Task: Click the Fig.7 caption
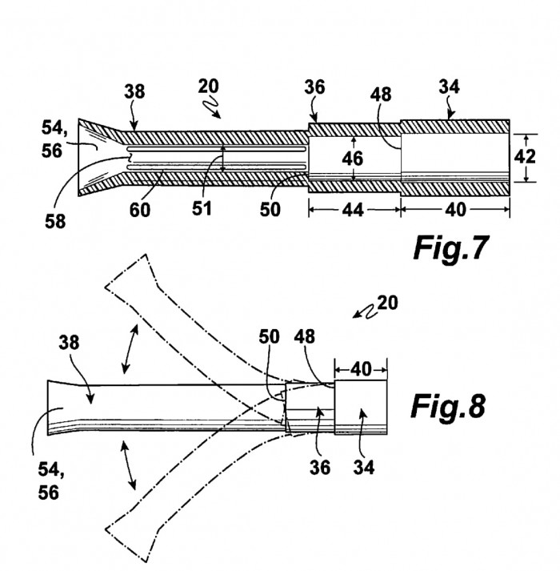pos(450,248)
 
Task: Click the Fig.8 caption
pos(448,407)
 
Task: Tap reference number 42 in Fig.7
pos(525,157)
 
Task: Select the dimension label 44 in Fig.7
pos(353,210)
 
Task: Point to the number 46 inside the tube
pos(353,159)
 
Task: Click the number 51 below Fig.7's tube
pos(202,209)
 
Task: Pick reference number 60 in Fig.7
pos(140,210)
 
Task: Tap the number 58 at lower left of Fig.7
pos(55,221)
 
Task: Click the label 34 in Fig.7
pos(450,87)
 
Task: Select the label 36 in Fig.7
pos(314,87)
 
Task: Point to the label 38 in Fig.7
pos(134,91)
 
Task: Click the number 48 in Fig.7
pos(381,94)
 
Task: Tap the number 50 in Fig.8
pos(270,337)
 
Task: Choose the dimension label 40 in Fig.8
pos(361,370)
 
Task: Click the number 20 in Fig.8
pos(388,303)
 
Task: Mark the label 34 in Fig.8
pos(364,467)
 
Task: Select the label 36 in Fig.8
pos(320,467)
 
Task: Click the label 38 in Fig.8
pos(69,343)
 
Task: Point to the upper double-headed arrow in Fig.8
pos(130,349)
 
